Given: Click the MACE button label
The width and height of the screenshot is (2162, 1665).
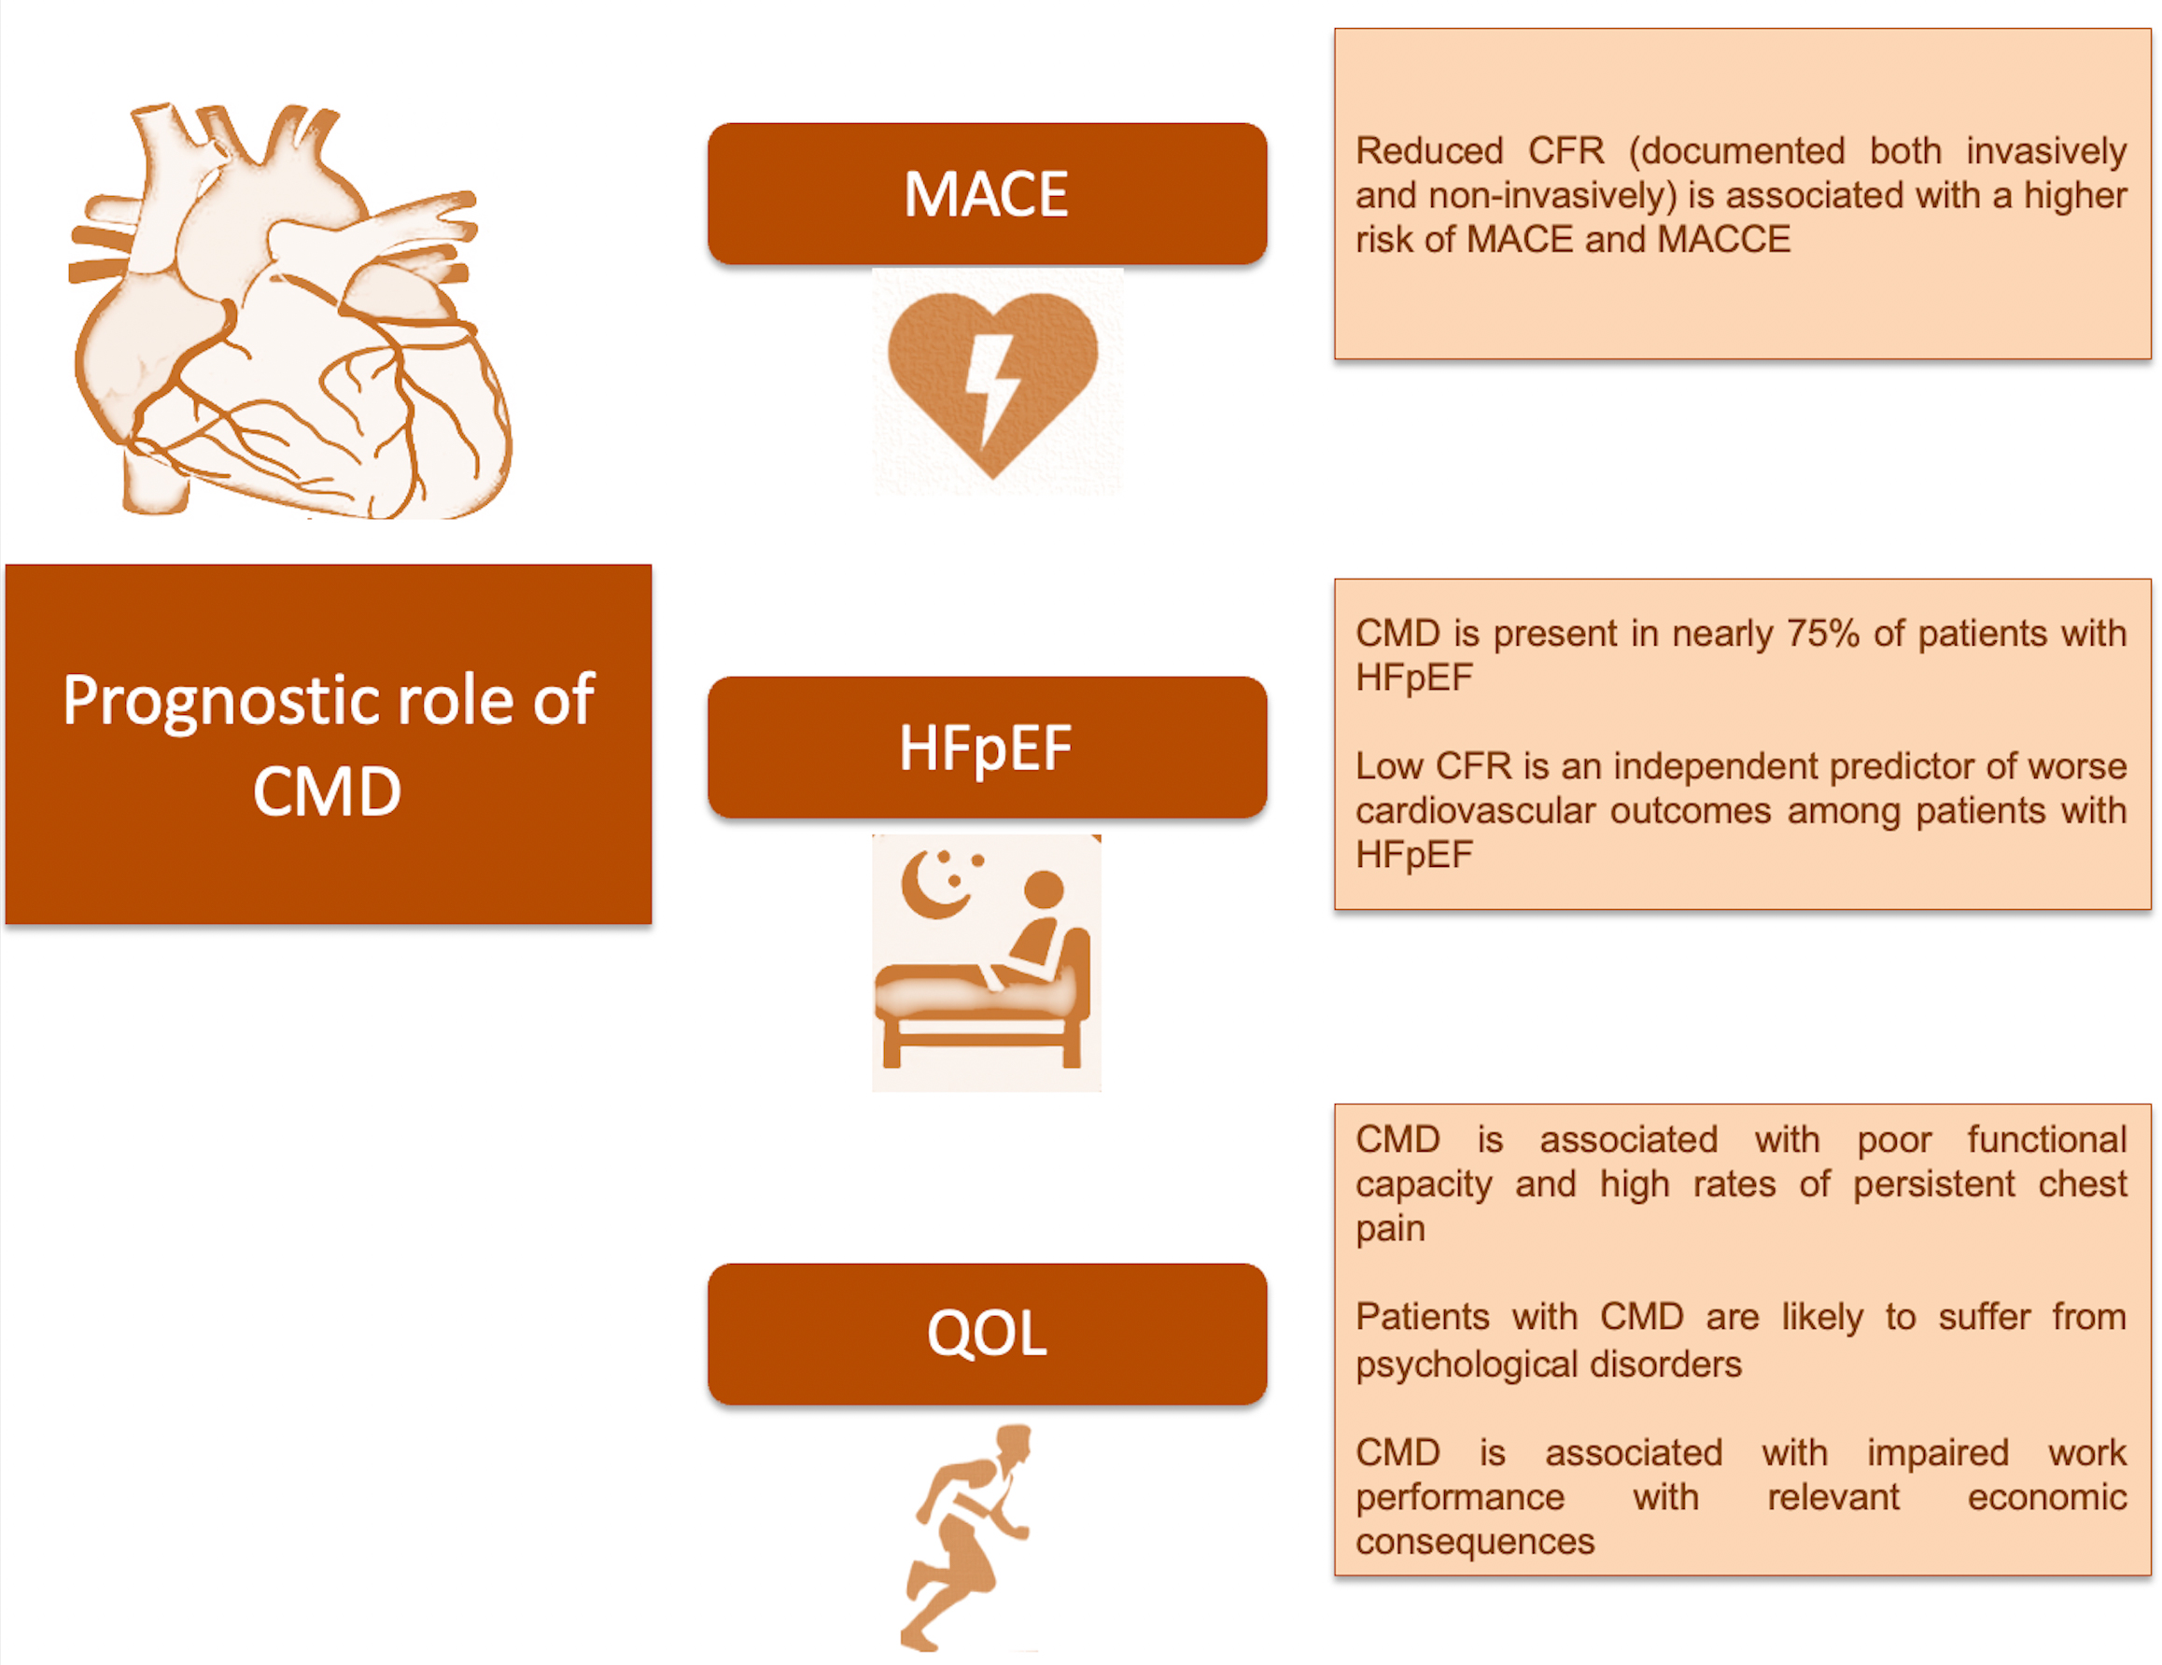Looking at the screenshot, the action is pos(986,194).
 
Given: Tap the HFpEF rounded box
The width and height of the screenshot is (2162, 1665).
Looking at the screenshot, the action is pos(987,748).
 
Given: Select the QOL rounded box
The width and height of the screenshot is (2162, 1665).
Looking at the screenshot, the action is pos(987,1334).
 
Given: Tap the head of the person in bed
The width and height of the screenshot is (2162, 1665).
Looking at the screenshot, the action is pos(1044,888).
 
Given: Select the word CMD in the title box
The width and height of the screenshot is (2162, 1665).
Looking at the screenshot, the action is pos(327,792).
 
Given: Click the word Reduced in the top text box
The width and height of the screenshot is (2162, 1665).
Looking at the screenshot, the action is pos(1429,151).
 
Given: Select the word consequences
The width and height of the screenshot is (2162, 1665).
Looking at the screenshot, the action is pos(1475,1542).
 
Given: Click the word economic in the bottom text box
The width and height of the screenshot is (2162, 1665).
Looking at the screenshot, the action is pos(2046,1498).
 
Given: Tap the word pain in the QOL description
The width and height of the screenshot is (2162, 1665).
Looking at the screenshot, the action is pos(1390,1230).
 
